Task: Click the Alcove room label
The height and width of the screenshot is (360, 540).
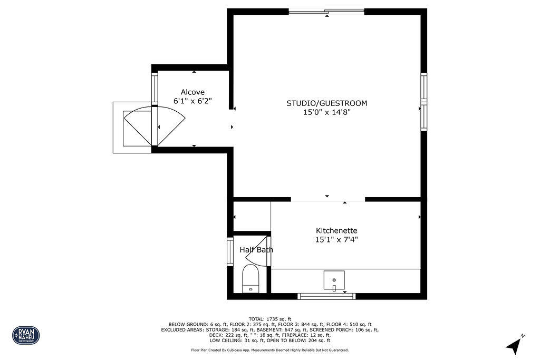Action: [192, 92]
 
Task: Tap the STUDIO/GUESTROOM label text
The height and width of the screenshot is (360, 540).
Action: [326, 103]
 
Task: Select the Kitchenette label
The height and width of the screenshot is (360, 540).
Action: [336, 230]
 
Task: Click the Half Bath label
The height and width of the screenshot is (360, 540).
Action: [256, 250]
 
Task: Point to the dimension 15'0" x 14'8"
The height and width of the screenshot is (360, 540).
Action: [326, 112]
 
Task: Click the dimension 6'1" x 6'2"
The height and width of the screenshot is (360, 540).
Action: [192, 101]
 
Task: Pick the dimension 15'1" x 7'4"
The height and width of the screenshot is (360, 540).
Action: [336, 240]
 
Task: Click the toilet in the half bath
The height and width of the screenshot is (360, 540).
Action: [250, 279]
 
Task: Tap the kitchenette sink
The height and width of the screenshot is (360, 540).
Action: [334, 280]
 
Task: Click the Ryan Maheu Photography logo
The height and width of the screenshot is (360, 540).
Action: [26, 335]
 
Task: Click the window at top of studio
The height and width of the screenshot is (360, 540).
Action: [326, 11]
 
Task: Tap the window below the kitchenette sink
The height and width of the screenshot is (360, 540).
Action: [326, 296]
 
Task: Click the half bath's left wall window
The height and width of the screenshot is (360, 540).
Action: [230, 252]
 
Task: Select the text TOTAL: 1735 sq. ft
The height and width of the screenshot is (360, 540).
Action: [269, 319]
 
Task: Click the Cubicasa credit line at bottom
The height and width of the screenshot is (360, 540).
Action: [269, 350]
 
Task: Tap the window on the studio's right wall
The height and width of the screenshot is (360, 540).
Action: [423, 102]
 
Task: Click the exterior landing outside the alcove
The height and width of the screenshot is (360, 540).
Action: [132, 128]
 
